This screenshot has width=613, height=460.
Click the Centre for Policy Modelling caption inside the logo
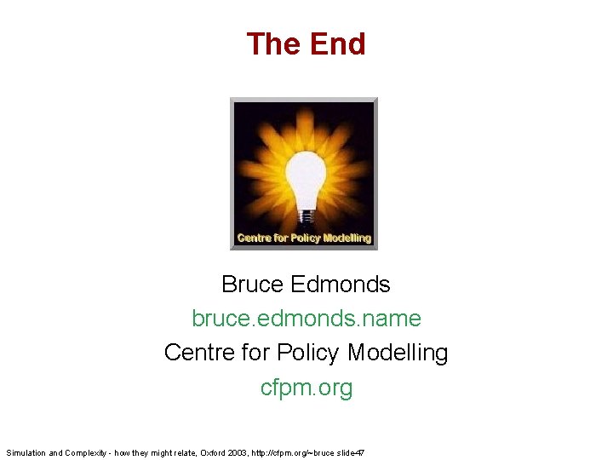(x=304, y=239)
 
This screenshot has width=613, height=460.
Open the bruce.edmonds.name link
(x=306, y=319)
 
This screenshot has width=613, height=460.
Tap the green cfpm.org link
(x=306, y=388)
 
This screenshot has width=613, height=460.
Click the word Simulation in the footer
(x=26, y=452)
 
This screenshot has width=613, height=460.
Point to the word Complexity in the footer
(x=87, y=452)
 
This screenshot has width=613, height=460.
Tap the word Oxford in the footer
(x=213, y=452)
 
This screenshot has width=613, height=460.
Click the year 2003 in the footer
(x=239, y=452)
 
